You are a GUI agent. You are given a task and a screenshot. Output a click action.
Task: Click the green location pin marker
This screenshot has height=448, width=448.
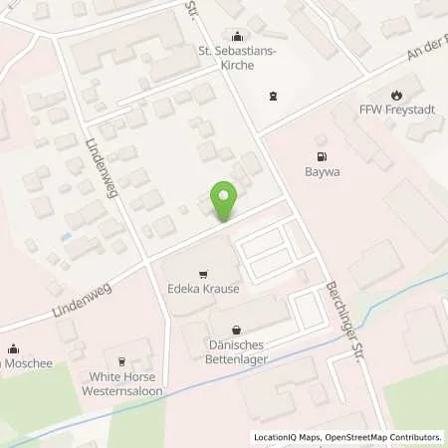pyautogui.click(x=226, y=203)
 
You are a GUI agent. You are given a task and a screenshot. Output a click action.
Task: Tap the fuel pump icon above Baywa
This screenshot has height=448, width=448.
pyautogui.click(x=321, y=156)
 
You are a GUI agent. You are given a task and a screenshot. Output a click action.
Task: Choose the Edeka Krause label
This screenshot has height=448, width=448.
pyautogui.click(x=203, y=292)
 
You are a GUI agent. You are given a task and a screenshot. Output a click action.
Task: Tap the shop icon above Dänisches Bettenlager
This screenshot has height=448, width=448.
pyautogui.click(x=236, y=329)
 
